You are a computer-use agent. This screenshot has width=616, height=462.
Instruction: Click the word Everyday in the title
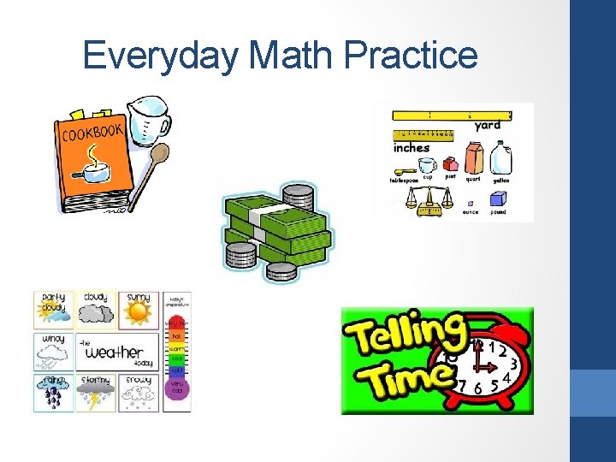[x=161, y=57]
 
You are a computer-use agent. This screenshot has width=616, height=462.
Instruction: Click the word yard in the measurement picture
[x=488, y=125]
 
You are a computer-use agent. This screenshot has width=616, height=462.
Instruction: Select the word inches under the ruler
[x=412, y=147]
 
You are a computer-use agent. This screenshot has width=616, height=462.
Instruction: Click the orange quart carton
[x=473, y=158]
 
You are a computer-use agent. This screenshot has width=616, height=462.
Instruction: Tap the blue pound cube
[x=498, y=199]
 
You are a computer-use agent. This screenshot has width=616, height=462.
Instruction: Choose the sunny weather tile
[x=138, y=310]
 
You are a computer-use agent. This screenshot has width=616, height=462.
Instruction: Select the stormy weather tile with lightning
[x=96, y=393]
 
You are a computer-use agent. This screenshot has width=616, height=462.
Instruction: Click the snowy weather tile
[x=138, y=393]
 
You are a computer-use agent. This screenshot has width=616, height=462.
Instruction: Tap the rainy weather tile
[x=54, y=393]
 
